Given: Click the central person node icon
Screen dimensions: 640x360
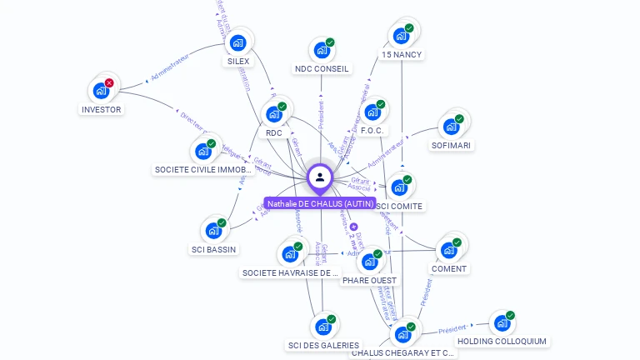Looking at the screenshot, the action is [320, 177].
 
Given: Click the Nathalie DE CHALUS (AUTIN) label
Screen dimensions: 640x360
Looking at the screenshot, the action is [321, 203].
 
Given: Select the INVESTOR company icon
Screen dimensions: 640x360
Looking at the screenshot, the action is [102, 90].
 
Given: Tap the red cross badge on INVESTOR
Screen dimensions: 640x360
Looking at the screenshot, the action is [109, 82].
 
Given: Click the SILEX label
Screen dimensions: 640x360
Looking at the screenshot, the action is [238, 62].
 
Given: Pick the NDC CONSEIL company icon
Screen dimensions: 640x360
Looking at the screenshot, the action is [321, 51].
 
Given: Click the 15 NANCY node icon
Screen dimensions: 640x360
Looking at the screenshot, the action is [401, 37].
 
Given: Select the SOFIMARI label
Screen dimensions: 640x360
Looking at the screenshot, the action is [451, 146].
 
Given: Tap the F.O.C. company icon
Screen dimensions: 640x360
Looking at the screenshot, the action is [372, 112].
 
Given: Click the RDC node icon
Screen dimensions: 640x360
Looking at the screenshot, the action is [273, 114].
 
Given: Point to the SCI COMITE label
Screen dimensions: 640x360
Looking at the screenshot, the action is [400, 206].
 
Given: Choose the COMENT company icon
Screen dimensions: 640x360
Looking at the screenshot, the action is [448, 249].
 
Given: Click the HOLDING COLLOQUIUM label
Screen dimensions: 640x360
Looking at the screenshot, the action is [502, 341].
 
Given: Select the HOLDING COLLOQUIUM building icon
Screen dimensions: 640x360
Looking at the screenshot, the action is [501, 323].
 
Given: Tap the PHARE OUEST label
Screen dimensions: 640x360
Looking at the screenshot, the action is [369, 281].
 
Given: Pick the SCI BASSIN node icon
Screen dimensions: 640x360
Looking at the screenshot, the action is [212, 231].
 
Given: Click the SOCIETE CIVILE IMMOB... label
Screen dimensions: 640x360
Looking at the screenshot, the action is [204, 170].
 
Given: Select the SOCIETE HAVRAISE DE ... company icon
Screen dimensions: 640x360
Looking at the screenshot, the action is [290, 254].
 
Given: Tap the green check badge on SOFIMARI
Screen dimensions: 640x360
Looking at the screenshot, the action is [458, 118].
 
